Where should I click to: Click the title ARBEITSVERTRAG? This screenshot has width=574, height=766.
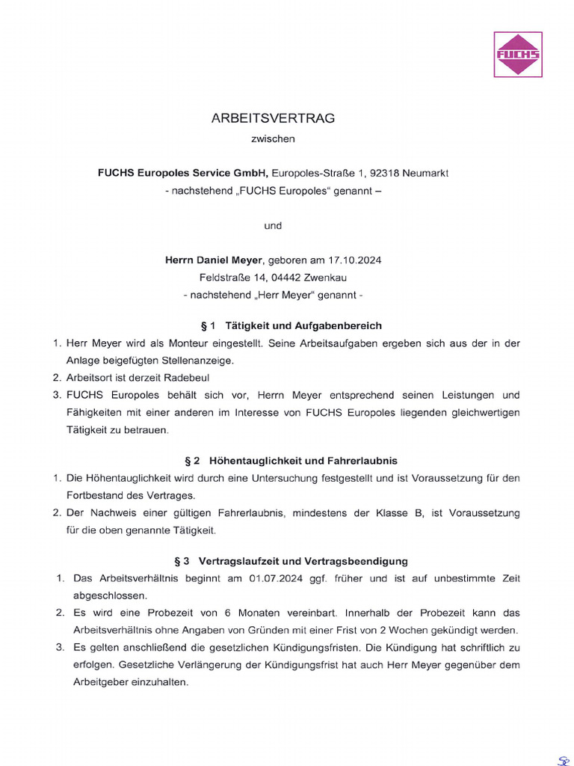pyautogui.click(x=273, y=118)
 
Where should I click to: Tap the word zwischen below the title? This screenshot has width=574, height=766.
pyautogui.click(x=273, y=138)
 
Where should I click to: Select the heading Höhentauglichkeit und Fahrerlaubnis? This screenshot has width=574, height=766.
pyautogui.click(x=309, y=461)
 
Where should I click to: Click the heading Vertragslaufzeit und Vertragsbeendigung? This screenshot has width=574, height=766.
pyautogui.click(x=303, y=561)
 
